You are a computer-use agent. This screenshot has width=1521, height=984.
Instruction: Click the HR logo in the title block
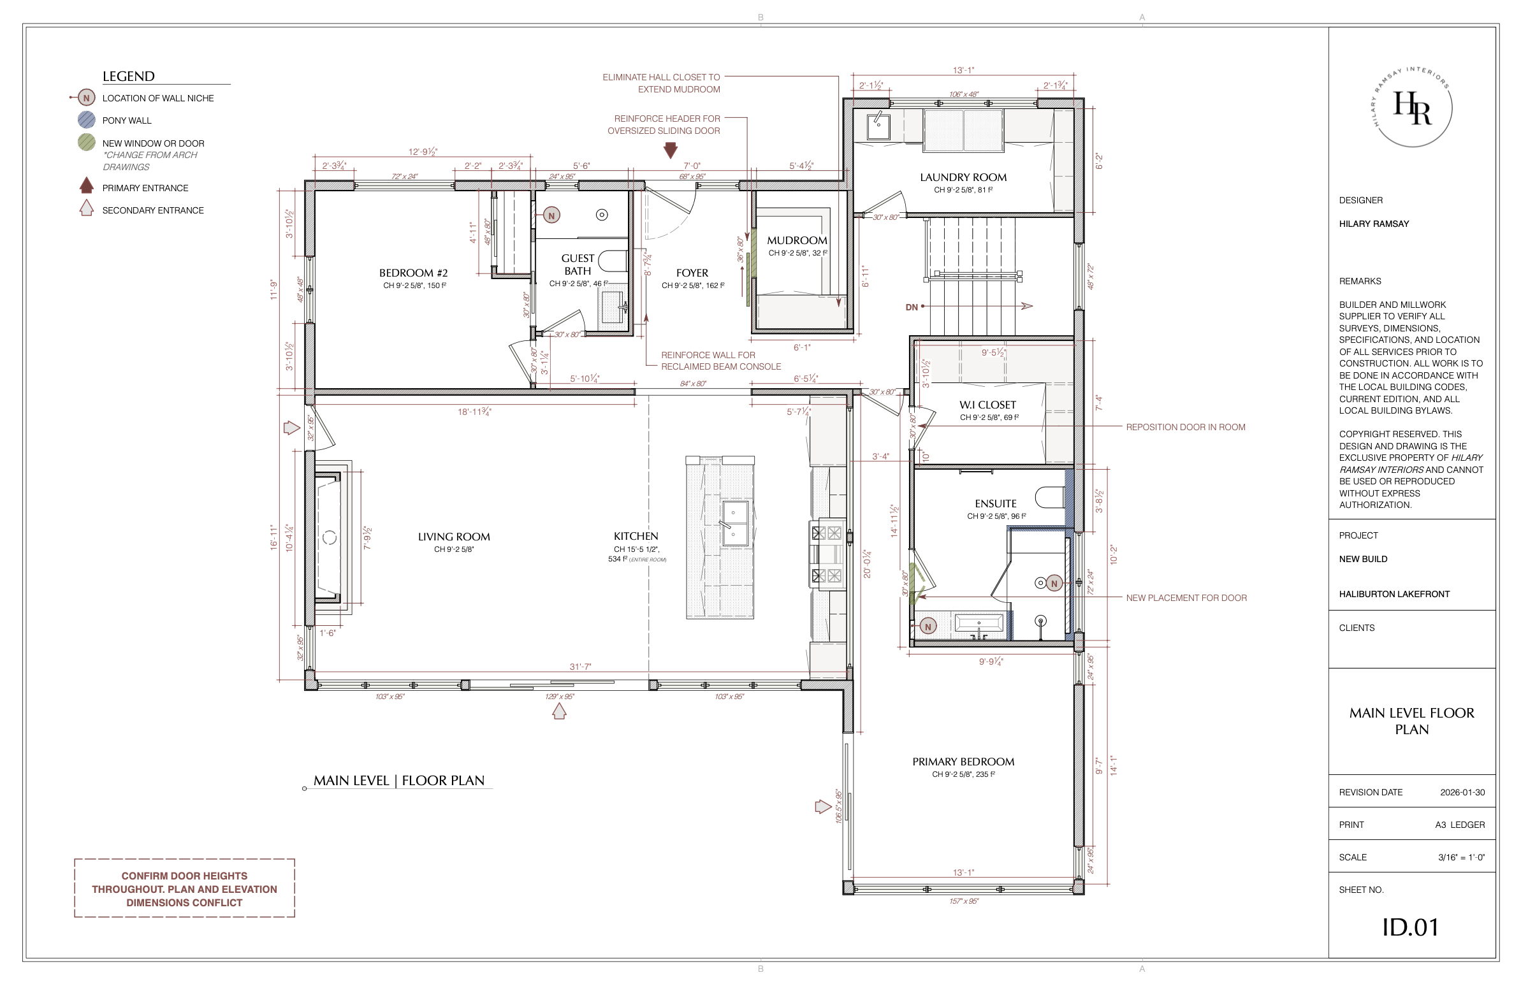pos(1413,107)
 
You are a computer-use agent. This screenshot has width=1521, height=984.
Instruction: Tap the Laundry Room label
pos(963,178)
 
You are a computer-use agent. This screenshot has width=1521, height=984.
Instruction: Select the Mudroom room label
pos(797,240)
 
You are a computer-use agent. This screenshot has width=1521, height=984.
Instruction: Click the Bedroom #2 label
pos(414,273)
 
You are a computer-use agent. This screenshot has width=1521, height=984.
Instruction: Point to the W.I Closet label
pos(987,405)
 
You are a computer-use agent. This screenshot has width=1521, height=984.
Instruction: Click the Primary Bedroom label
pos(963,762)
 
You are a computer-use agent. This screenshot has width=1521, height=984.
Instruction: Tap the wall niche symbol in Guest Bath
pos(551,215)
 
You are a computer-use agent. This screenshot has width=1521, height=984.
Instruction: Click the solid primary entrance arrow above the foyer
pos(671,150)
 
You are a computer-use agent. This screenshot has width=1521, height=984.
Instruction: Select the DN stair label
pos(912,307)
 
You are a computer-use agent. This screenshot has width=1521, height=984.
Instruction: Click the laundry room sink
pos(878,126)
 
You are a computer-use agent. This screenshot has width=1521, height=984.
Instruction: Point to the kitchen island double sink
pos(735,523)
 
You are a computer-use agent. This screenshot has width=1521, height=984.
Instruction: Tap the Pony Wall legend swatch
pos(86,119)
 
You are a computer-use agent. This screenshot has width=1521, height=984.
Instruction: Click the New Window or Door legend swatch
pos(86,143)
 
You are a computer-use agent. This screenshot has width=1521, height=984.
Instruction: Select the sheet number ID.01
pos(1411,927)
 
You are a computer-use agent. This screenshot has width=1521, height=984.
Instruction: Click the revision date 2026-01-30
pos(1462,792)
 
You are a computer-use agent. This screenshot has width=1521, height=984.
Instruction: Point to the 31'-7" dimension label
pos(580,667)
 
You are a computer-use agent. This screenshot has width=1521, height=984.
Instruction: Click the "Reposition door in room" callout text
pos(1186,427)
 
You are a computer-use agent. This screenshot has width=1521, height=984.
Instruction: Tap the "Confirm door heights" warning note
pos(185,889)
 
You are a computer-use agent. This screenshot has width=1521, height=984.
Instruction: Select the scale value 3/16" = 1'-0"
pos(1462,857)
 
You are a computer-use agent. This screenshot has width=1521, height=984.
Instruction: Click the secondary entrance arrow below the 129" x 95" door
pos(559,711)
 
